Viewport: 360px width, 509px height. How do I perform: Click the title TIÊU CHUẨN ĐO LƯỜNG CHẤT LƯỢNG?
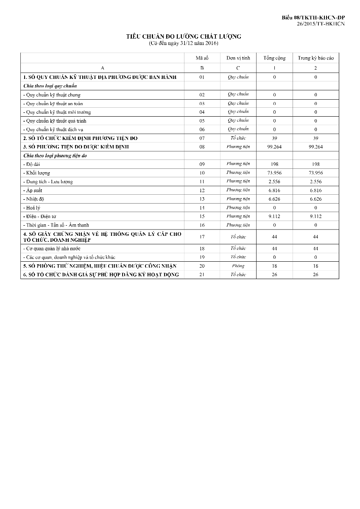(x=184, y=36)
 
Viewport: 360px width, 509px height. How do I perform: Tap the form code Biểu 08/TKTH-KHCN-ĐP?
(x=313, y=17)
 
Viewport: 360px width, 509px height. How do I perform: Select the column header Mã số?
(x=202, y=58)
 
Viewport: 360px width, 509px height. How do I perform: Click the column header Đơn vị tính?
(x=238, y=58)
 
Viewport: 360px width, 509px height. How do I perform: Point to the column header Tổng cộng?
(x=274, y=58)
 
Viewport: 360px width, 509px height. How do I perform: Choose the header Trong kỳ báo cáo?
(x=315, y=58)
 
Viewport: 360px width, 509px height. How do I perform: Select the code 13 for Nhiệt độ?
(x=202, y=199)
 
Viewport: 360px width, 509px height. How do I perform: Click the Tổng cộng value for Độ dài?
(x=274, y=164)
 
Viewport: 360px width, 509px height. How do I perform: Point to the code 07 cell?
(x=202, y=138)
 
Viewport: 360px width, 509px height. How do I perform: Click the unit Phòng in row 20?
(x=238, y=266)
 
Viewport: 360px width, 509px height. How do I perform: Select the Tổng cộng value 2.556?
(x=274, y=182)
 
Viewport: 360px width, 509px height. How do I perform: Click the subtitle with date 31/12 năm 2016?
(x=184, y=43)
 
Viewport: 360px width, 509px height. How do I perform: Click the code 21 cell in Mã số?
(x=202, y=275)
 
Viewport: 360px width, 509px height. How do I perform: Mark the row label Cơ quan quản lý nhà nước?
(x=53, y=249)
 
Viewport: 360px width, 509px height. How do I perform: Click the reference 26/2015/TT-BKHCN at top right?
(x=321, y=24)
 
